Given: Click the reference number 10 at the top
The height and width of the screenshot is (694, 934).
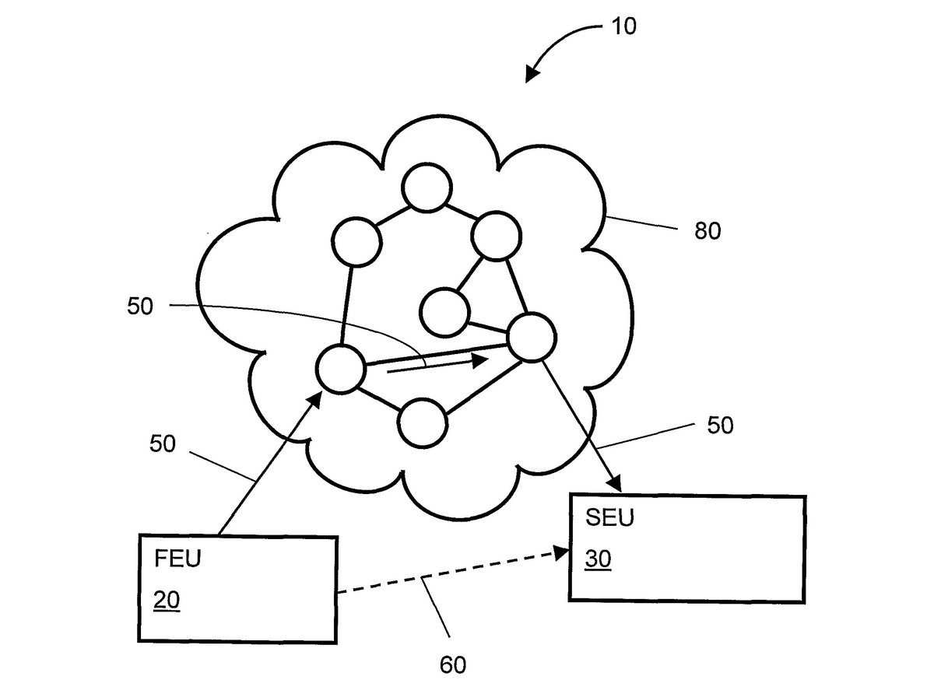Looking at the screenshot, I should click(624, 26).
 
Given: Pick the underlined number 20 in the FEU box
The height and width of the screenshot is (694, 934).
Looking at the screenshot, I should click(167, 601).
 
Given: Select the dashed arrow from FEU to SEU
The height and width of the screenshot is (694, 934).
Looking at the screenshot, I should click(451, 573).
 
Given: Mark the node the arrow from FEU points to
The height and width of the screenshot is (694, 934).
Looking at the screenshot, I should click(341, 369).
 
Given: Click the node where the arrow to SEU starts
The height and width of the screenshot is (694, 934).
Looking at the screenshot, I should click(531, 337).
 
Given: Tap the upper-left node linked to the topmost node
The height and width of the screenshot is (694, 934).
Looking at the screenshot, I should click(356, 241).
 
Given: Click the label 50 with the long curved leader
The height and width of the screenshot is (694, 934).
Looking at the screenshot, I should click(140, 306).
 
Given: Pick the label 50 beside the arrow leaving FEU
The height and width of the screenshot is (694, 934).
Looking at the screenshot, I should click(162, 444).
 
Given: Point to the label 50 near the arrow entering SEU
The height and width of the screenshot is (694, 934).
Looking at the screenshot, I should click(720, 426).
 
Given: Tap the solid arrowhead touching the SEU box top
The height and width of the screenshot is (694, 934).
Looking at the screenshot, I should click(613, 483).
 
